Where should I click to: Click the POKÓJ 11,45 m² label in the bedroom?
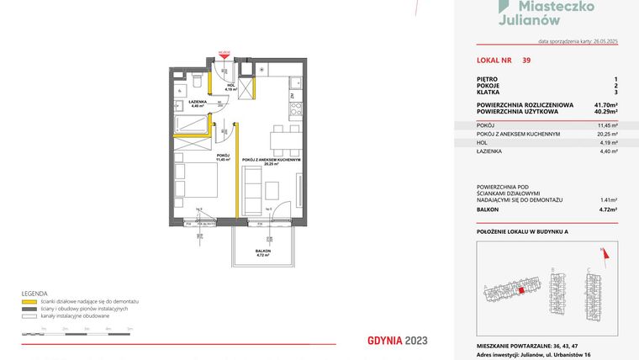[x=223, y=157]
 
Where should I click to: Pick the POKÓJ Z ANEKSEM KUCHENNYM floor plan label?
[x=271, y=161]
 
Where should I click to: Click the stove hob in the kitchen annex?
[x=296, y=108]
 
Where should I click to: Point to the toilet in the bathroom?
[x=194, y=82]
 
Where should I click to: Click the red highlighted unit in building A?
[x=520, y=290]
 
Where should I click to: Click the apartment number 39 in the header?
[x=525, y=61]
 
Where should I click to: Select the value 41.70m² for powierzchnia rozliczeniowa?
[x=602, y=103]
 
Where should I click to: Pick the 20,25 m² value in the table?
[x=606, y=133]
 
